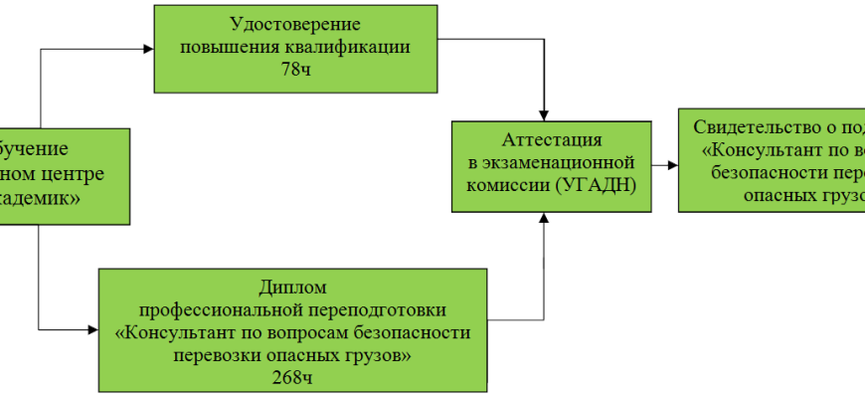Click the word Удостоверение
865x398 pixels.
[294, 24]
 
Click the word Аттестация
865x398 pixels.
[551, 138]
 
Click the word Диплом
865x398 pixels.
[291, 287]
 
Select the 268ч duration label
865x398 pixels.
[291, 377]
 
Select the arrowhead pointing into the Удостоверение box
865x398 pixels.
[147, 47]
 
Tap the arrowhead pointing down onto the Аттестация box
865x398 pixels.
[544, 114]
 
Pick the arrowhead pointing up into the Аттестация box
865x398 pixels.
[544, 218]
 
